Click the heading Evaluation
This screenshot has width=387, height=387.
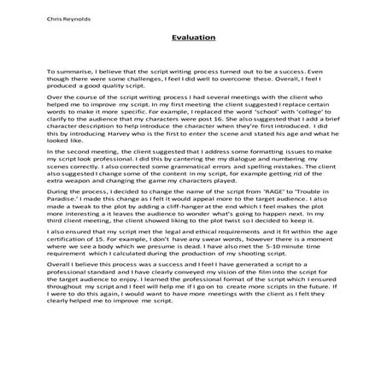pos(192,38)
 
